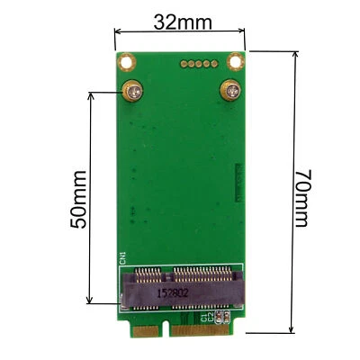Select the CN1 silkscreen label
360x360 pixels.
[124, 260]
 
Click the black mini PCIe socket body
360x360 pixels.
[180, 286]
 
